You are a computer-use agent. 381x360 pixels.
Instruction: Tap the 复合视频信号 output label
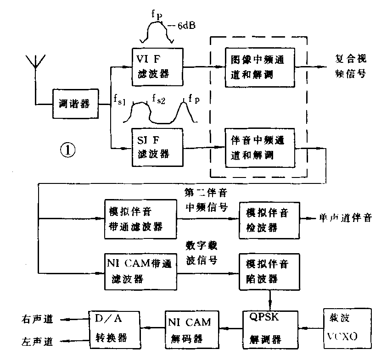pos(351,67)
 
